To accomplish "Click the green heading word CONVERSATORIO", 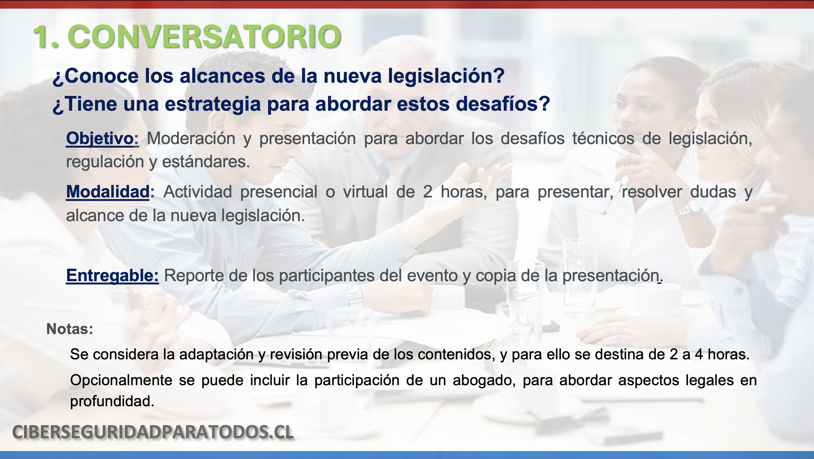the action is point(204,37).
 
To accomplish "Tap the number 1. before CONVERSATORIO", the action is point(46,37).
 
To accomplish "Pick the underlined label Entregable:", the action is point(113,276).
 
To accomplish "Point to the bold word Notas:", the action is point(70,329).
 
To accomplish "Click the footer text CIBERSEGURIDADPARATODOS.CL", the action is point(153,432).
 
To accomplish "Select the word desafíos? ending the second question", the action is point(503,104).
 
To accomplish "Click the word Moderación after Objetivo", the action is point(191,139).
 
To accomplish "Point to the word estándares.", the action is point(206,162).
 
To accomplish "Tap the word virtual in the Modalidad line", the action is point(365,192).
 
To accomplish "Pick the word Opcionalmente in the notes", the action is point(121,381).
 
